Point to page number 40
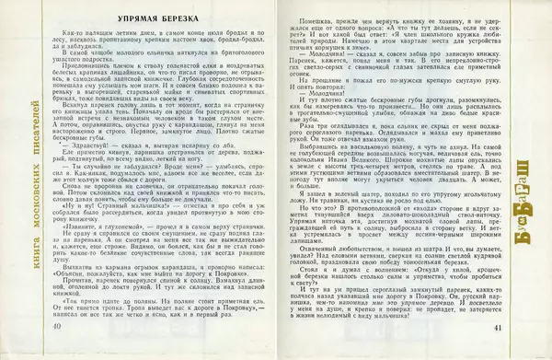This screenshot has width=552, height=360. [58, 328]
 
